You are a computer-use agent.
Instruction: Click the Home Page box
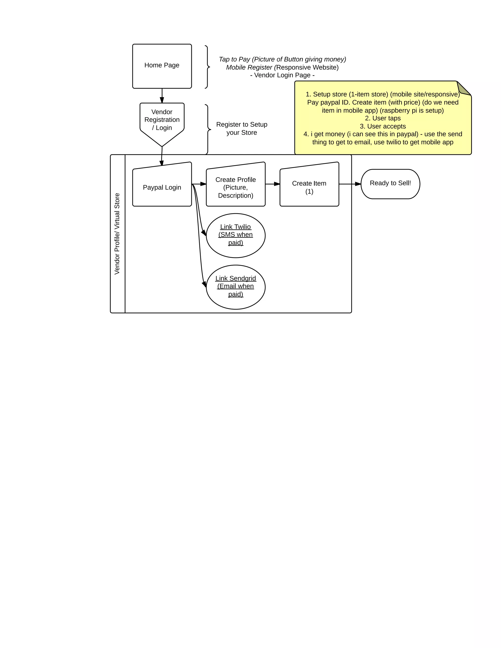pos(162,66)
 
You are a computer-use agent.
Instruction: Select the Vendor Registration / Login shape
pos(162,120)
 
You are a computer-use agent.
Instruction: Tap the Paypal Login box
pos(162,187)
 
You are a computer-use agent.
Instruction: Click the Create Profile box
pos(235,187)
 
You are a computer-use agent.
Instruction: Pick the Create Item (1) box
pos(309,187)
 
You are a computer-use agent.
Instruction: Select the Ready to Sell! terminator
pos(390,184)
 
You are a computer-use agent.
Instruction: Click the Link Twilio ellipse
pos(235,235)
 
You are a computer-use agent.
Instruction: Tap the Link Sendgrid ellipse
pos(235,287)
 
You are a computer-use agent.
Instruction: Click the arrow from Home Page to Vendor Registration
pos(162,96)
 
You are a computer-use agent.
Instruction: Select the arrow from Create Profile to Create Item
pos(273,184)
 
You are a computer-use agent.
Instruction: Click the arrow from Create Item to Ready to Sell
pos(350,184)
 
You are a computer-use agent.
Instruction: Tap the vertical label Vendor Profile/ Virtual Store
pos(117,234)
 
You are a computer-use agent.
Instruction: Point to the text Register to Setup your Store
pos(242,128)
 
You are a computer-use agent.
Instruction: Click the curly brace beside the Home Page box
pos(207,67)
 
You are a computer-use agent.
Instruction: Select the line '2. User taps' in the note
pos(383,118)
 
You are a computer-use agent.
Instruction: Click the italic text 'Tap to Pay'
pos(234,59)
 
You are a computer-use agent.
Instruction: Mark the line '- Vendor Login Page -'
pos(282,75)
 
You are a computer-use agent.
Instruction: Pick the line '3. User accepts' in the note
pos(383,126)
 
